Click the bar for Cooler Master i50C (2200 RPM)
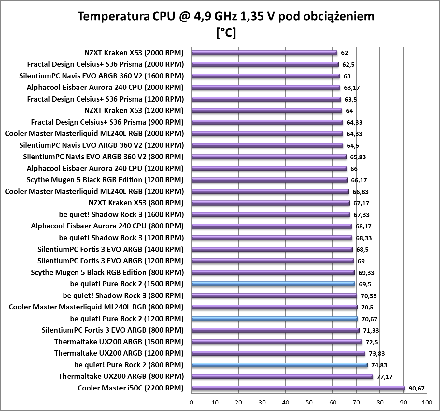point(298,388)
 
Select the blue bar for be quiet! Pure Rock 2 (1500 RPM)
point(273,284)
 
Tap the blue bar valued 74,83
point(279,365)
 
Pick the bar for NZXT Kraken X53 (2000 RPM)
point(264,53)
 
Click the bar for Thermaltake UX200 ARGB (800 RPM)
point(282,377)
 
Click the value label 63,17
point(352,88)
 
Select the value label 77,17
point(385,377)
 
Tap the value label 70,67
point(369,319)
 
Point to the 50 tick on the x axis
point(309,403)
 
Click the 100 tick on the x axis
point(427,403)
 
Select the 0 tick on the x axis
point(192,403)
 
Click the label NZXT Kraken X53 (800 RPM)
point(136,203)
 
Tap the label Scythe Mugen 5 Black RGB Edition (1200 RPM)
point(105,180)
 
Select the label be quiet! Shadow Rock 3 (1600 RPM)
point(121,214)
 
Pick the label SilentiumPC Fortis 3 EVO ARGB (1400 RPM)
point(110,249)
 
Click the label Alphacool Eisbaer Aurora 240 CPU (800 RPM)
point(107,226)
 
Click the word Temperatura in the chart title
point(113,16)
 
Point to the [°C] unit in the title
point(226,33)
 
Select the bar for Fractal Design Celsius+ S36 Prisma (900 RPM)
point(267,122)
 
